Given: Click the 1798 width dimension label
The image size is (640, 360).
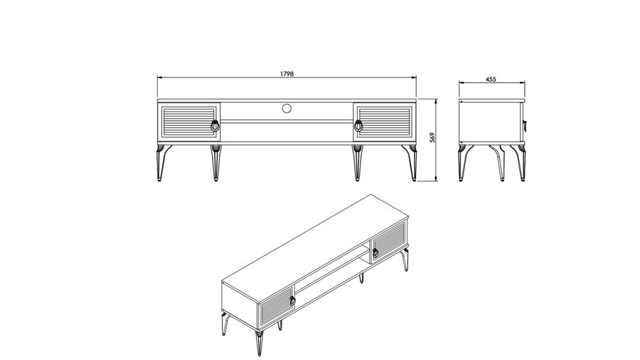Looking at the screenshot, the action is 287,74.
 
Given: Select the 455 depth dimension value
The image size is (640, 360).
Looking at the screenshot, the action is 491,79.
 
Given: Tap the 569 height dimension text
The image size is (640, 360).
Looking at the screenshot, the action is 432,137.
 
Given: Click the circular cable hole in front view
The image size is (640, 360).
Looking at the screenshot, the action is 287,108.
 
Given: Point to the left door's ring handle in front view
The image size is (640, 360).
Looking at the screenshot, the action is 215,126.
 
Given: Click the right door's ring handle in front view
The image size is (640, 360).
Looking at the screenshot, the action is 358,126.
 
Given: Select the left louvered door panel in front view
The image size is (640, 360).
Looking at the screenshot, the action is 188,122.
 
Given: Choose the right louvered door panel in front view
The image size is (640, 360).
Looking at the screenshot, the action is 384,122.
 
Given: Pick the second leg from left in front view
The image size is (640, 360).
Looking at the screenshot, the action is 215,162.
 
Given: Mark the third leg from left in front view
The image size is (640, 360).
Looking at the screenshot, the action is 358,162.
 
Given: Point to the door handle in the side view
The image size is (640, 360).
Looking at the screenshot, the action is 525,125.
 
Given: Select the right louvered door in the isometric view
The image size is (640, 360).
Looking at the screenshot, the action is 388,243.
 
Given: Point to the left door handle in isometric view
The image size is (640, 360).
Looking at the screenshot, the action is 293,300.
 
